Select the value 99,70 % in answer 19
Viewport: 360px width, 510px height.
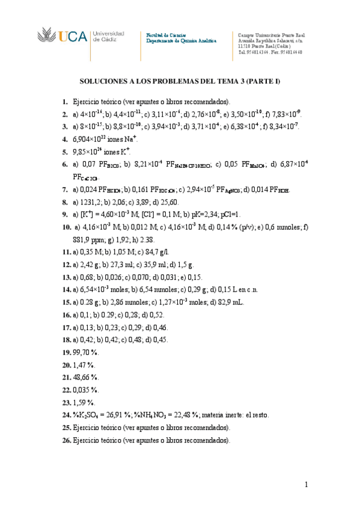coord(85,353)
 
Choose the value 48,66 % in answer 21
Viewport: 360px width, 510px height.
coord(85,377)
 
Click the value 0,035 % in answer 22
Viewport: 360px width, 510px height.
coord(85,390)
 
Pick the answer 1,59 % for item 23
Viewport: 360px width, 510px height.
coord(83,402)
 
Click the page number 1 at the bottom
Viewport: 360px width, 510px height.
coord(307,485)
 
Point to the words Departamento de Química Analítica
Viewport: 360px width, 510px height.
coord(181,41)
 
